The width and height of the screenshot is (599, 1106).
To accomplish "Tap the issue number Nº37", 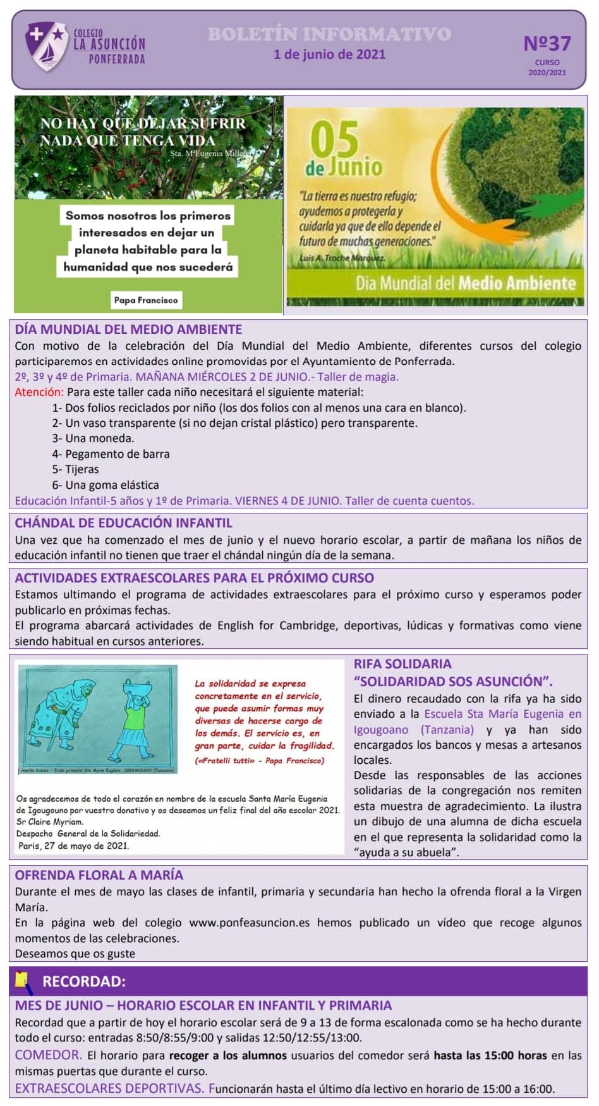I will [547, 43].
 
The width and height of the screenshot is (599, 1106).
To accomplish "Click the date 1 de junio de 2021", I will [329, 54].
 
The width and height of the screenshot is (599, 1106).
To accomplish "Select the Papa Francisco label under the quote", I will [146, 300].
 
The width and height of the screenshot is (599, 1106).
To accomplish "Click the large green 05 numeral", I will [335, 140].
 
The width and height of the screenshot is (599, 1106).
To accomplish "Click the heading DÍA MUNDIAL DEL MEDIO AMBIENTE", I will [128, 329].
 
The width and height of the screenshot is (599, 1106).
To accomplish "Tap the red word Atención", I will [39, 392].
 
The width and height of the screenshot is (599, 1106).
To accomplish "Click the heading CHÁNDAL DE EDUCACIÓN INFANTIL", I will [124, 523].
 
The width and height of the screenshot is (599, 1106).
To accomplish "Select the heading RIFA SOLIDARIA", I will [402, 663].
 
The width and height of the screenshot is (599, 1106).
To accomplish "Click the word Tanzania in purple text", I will [447, 729].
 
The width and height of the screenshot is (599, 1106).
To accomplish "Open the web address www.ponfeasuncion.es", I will [250, 923].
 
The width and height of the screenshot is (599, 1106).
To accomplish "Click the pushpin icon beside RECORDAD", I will [23, 980].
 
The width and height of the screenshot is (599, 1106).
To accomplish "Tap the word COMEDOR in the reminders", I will [48, 1055].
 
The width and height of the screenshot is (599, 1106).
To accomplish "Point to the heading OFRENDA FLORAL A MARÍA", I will [99, 875].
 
